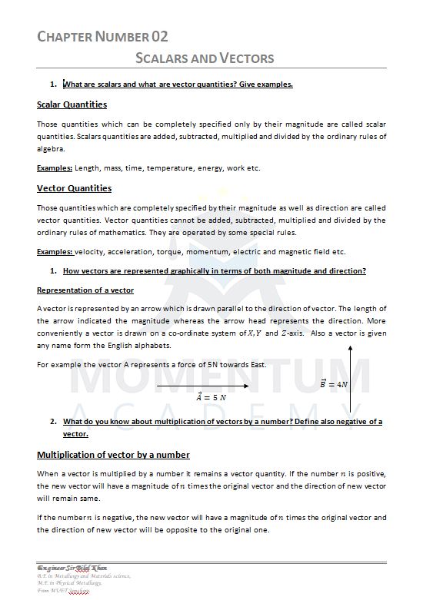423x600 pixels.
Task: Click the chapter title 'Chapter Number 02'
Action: [102, 36]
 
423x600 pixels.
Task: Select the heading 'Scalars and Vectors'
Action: [205, 58]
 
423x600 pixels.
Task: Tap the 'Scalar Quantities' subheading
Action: [72, 104]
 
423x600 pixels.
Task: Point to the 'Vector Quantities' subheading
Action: [74, 188]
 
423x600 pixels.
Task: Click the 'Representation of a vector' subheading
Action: [85, 290]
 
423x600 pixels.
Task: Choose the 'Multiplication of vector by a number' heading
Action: [113, 455]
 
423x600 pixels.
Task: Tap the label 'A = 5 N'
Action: [211, 397]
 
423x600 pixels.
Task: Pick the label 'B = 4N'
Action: [334, 383]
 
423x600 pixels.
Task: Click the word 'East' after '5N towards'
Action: [256, 364]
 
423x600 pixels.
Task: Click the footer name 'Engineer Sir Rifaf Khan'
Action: [72, 568]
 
